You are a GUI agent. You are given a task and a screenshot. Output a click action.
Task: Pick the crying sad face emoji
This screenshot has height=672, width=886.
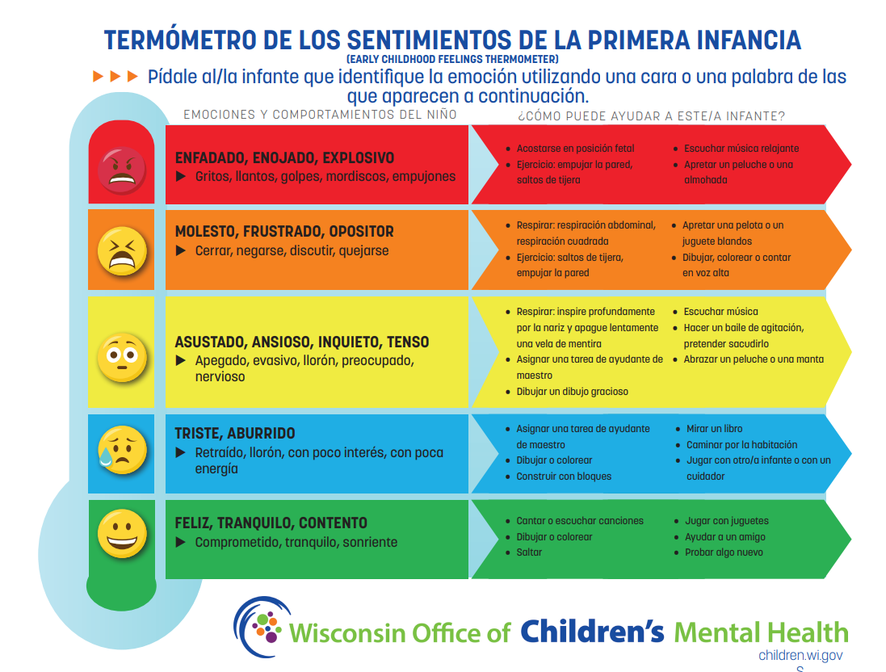coord(121,450)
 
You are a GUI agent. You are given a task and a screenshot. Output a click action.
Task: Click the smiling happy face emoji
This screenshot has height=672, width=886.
coord(122,533)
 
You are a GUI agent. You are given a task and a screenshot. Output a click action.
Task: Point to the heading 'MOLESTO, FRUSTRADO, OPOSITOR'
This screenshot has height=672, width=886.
coord(284,232)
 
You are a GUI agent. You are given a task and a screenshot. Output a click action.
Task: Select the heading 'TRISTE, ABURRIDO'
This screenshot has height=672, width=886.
coord(235,434)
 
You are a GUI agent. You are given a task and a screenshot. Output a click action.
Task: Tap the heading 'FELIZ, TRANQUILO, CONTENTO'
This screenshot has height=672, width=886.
coord(271,523)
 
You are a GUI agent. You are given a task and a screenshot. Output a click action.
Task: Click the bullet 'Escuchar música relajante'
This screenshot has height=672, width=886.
coord(741,149)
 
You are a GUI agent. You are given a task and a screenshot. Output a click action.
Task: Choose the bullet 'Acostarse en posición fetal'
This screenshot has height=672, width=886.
coord(575,149)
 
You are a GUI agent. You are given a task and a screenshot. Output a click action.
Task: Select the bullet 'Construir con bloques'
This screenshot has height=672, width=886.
coord(564,477)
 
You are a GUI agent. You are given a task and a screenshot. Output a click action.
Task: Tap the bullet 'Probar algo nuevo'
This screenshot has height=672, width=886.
coord(724,552)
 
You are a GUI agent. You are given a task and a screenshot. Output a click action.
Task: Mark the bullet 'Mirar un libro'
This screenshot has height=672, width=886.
coord(715,429)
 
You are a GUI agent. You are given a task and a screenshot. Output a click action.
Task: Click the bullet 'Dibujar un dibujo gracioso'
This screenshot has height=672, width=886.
coord(572,392)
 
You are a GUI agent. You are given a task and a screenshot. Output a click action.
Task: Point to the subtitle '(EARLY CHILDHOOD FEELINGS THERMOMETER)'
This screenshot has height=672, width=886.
coord(452,60)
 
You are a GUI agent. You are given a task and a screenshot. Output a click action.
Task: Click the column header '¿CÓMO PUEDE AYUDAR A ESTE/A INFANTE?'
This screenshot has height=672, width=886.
coord(651,115)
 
